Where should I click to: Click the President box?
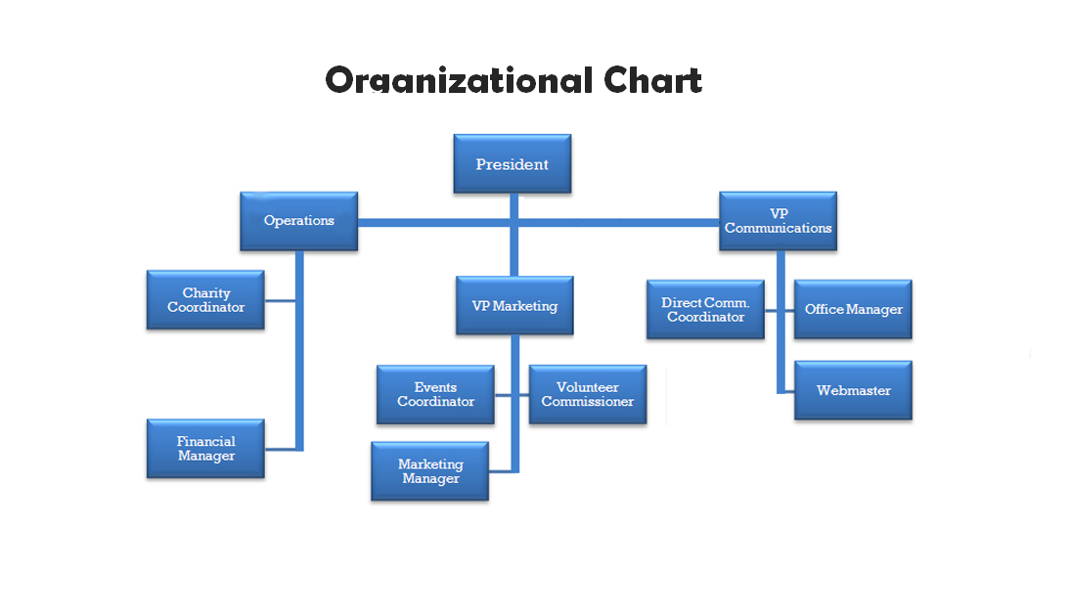pyautogui.click(x=513, y=163)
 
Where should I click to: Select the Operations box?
pyautogui.click(x=299, y=221)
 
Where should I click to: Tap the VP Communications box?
pyautogui.click(x=778, y=221)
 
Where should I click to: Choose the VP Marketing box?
pyautogui.click(x=514, y=306)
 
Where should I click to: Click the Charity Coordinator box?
pyautogui.click(x=205, y=300)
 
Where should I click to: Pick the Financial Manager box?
pyautogui.click(x=205, y=449)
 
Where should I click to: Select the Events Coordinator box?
pyautogui.click(x=435, y=395)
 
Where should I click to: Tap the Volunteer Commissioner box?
pyautogui.click(x=588, y=395)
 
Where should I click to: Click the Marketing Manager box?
pyautogui.click(x=430, y=471)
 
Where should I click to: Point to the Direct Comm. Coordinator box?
pyautogui.click(x=705, y=310)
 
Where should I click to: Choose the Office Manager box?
pyautogui.click(x=853, y=310)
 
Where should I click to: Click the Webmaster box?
pyautogui.click(x=853, y=390)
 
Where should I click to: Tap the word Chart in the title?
pyautogui.click(x=653, y=80)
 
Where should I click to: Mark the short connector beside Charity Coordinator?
pyautogui.click(x=280, y=300)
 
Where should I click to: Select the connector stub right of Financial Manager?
pyautogui.click(x=280, y=450)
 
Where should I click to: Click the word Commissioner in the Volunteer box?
pyautogui.click(x=588, y=402)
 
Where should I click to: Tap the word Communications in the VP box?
pyautogui.click(x=778, y=228)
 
